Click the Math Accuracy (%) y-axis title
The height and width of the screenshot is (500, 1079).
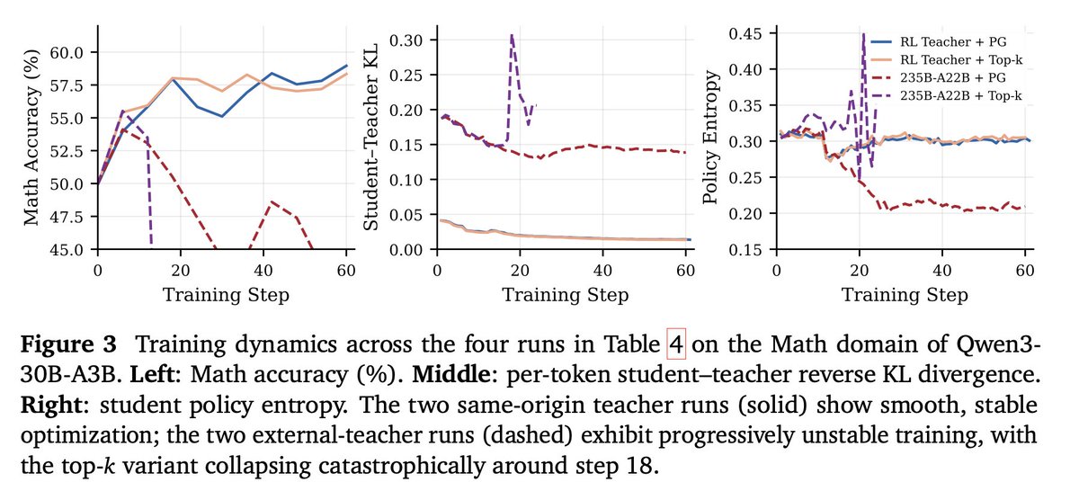tap(31, 137)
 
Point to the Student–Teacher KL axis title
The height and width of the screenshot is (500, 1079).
tap(370, 138)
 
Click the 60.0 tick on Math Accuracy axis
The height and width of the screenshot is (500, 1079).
tap(67, 52)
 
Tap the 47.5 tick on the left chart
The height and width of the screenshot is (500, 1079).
tap(67, 217)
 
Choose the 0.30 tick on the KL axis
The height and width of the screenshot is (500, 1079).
tap(406, 40)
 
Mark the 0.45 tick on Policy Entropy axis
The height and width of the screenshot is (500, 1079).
tap(745, 33)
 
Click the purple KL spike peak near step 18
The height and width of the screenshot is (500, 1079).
tap(512, 34)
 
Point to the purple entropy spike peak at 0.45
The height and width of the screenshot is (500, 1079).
tap(864, 33)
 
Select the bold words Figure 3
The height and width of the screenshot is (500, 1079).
tap(68, 344)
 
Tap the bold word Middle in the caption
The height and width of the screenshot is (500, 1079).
tap(450, 374)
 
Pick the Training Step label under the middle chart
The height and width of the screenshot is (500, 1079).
tap(566, 295)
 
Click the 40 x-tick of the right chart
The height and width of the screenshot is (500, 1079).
tap(942, 271)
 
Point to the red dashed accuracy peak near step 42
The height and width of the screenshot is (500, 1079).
tap(272, 201)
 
